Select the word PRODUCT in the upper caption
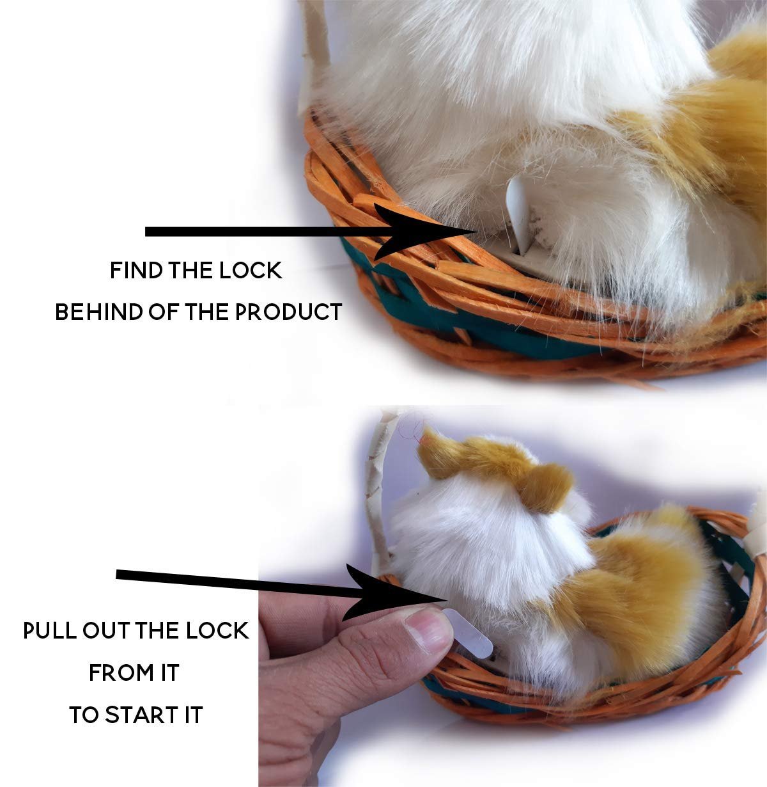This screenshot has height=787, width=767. [288, 312]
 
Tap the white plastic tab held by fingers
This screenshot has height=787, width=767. [469, 633]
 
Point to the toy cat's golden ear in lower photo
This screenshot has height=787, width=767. [545, 488]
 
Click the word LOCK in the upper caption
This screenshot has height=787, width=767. [251, 271]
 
